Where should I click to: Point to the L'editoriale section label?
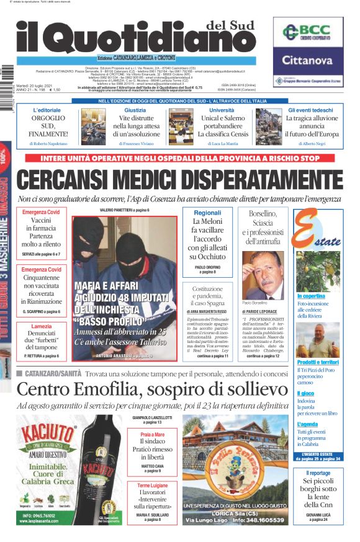47,110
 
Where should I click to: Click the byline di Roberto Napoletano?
47,143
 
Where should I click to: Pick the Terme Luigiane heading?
153,485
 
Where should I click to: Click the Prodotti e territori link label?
317,362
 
